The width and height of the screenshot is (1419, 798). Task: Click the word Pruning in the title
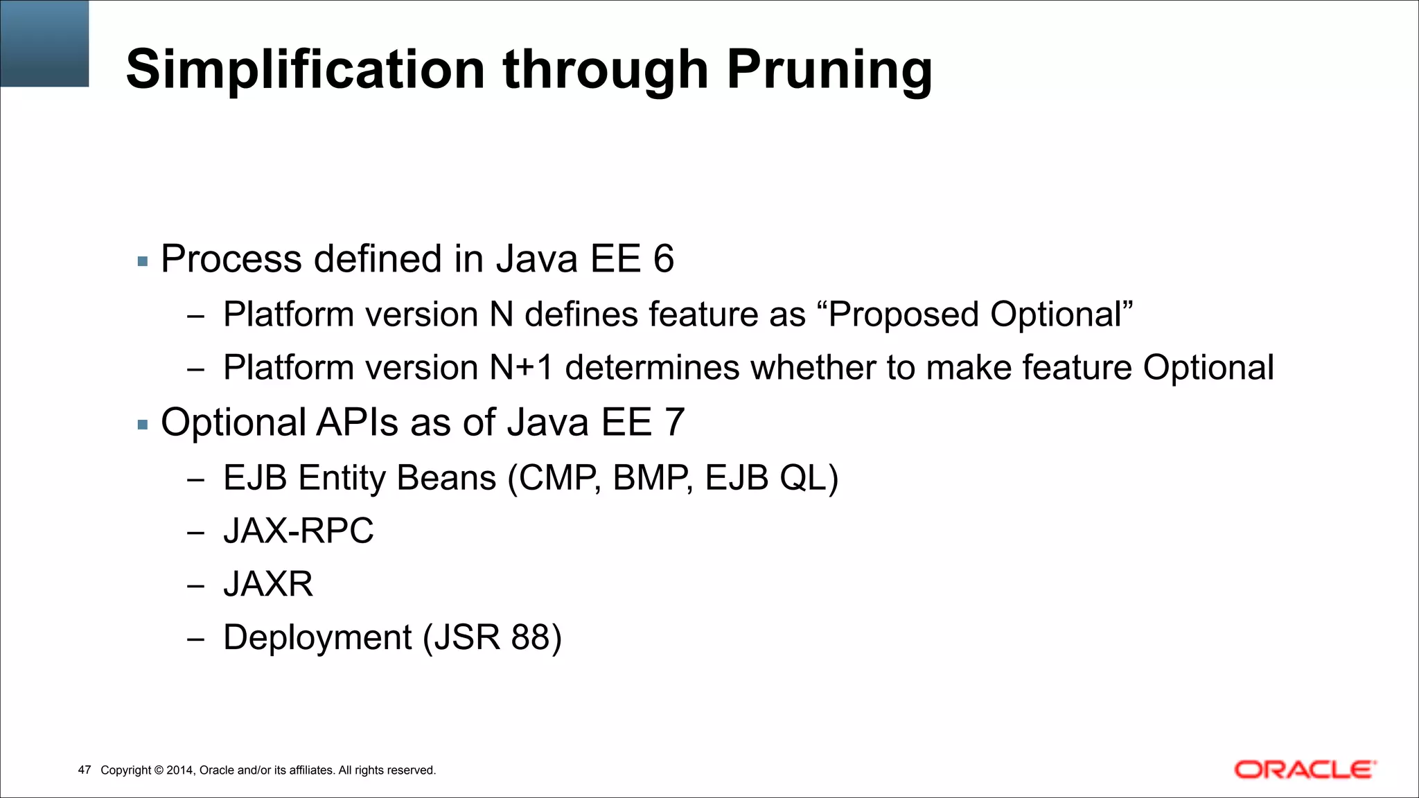[829, 71]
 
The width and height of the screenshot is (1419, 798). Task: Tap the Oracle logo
[1304, 770]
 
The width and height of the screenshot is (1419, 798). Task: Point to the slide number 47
[85, 770]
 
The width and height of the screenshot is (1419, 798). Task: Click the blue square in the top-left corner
[44, 43]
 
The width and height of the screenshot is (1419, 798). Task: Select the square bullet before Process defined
[143, 262]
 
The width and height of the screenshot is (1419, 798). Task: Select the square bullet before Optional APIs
[143, 425]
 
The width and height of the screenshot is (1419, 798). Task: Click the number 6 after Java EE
[663, 259]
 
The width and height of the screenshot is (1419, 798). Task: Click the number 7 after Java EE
[674, 423]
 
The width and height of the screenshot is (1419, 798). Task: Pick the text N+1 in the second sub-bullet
[521, 368]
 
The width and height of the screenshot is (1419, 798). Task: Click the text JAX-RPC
[298, 531]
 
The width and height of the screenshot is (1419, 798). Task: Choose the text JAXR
[268, 584]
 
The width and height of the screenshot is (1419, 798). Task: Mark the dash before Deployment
[195, 639]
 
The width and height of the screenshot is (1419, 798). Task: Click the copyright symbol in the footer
[158, 770]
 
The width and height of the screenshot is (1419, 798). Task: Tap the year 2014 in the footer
[180, 770]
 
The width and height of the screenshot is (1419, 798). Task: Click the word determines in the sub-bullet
[652, 368]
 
